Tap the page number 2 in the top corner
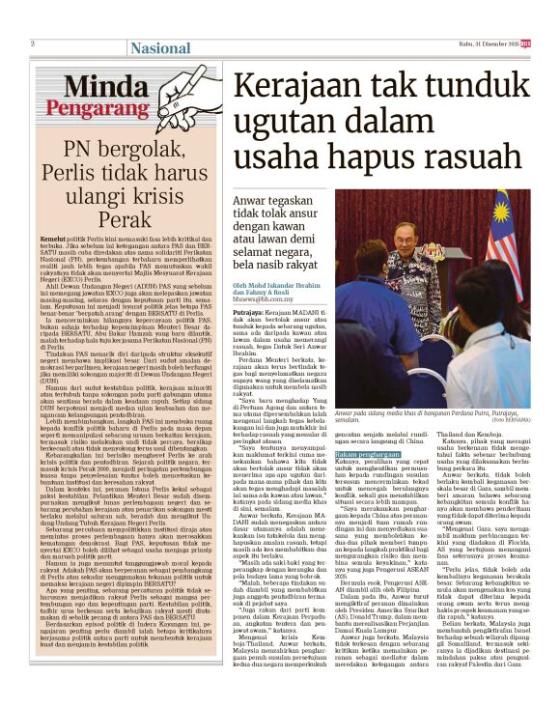tap(33, 42)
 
